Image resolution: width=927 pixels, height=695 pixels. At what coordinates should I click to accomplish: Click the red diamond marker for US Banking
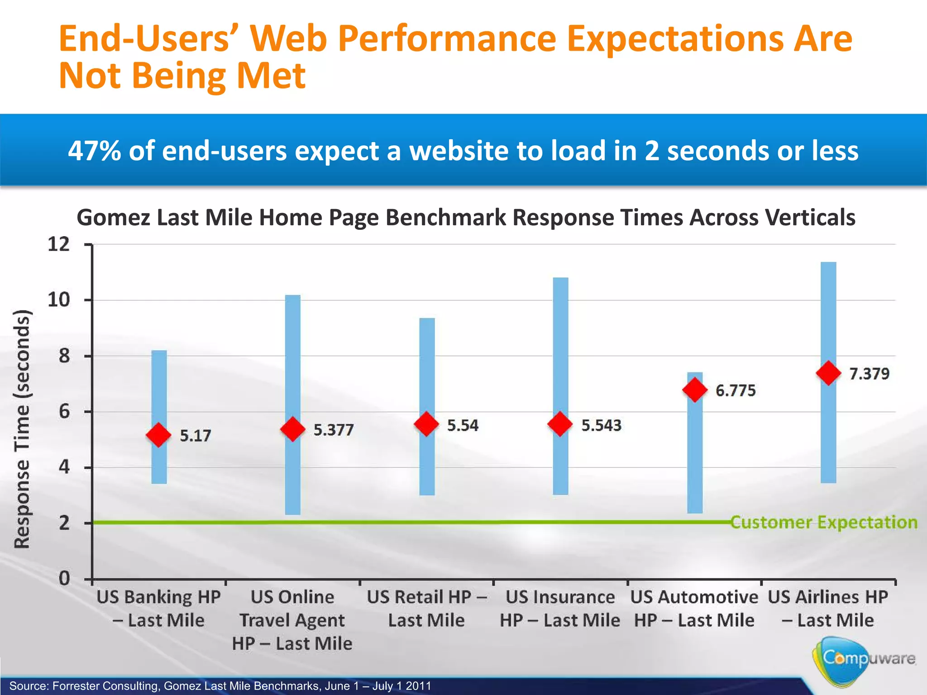(x=158, y=435)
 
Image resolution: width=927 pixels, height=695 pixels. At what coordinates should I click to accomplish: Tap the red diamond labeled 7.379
(x=828, y=373)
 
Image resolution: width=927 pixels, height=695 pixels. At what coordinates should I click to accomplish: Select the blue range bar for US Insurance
(x=560, y=344)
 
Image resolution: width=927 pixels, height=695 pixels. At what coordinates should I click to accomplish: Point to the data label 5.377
(x=334, y=430)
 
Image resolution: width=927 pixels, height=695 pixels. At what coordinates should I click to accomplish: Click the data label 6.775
(x=736, y=390)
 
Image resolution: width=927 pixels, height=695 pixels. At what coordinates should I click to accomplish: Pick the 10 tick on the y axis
(x=59, y=300)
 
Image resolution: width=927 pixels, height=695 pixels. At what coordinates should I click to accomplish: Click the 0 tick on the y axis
(x=65, y=579)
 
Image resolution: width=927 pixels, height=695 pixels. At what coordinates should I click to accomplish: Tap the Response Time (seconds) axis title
(x=22, y=429)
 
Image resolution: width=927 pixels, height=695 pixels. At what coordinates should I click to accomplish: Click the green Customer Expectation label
(x=824, y=522)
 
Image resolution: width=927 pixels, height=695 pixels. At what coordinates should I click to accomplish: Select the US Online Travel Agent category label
(x=292, y=620)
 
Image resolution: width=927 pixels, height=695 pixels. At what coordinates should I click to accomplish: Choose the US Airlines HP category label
(x=828, y=608)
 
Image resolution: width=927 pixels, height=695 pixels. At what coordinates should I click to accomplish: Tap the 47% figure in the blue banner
(x=95, y=151)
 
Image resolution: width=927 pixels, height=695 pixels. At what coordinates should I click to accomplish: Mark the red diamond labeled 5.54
(x=426, y=424)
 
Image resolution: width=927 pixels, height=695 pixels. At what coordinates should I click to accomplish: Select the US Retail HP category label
(x=426, y=608)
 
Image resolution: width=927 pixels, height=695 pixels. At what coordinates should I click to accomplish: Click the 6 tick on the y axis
(x=65, y=412)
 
